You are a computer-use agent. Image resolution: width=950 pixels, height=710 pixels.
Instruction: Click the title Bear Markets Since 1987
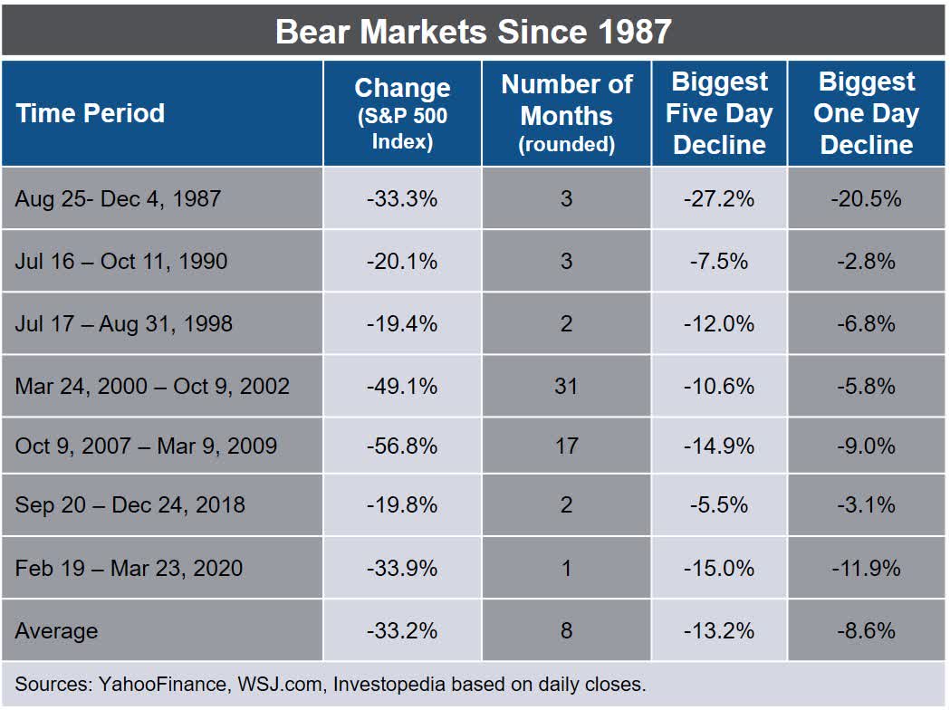point(474,31)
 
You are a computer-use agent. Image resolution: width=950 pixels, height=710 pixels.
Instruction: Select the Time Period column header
point(91,113)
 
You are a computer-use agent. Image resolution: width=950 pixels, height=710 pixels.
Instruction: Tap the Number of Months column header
point(567,114)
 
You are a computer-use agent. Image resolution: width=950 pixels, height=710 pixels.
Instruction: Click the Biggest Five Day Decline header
point(720,114)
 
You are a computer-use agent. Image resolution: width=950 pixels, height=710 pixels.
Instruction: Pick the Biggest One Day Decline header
point(866,114)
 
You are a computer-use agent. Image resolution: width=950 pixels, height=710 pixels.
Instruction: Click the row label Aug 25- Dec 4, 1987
point(118,198)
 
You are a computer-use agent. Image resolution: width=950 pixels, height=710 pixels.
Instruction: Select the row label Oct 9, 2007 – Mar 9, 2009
point(146,446)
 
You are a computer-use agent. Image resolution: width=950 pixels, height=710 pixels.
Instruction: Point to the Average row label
point(56,630)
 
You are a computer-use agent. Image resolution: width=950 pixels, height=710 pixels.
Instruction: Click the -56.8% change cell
point(402,446)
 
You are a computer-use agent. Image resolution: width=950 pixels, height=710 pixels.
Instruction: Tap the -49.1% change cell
point(402,386)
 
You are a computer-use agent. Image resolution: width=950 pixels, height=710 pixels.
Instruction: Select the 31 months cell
point(567,386)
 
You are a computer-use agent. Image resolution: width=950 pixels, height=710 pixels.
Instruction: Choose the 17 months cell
point(567,446)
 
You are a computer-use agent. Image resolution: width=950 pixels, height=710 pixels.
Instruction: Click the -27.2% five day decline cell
point(720,198)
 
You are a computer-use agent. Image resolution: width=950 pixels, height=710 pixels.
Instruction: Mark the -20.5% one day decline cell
point(866,198)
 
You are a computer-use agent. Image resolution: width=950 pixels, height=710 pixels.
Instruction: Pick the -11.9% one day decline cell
point(866,568)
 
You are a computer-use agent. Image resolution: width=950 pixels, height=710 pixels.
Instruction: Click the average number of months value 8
point(567,630)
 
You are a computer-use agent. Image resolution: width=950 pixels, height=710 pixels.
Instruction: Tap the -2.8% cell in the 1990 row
point(866,262)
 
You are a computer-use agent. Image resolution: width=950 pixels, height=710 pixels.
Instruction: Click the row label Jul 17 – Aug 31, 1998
point(124,323)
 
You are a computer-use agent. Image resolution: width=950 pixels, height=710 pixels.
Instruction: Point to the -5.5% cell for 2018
point(720,504)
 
